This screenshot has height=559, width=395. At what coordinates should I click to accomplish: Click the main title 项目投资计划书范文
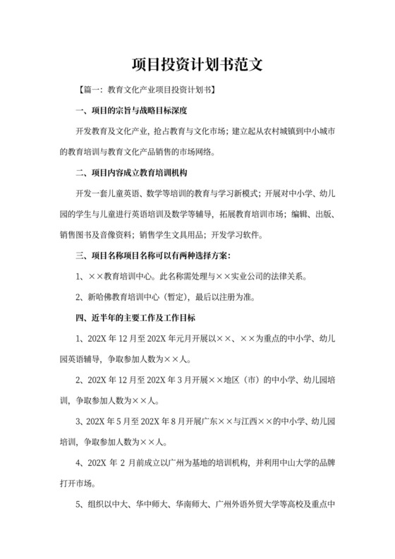(197, 65)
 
